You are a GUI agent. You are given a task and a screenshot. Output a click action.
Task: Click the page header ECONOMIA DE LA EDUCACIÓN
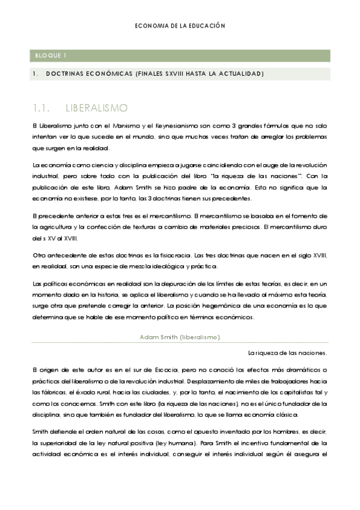pos(180,26)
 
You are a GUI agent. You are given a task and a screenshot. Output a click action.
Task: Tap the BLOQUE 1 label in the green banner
pos(50,56)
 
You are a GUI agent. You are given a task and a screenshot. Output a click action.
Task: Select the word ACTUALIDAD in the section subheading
pos(240,74)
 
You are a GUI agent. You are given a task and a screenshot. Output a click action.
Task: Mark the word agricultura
pos(58,227)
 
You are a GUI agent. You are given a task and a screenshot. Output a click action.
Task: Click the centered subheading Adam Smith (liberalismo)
pos(180,337)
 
